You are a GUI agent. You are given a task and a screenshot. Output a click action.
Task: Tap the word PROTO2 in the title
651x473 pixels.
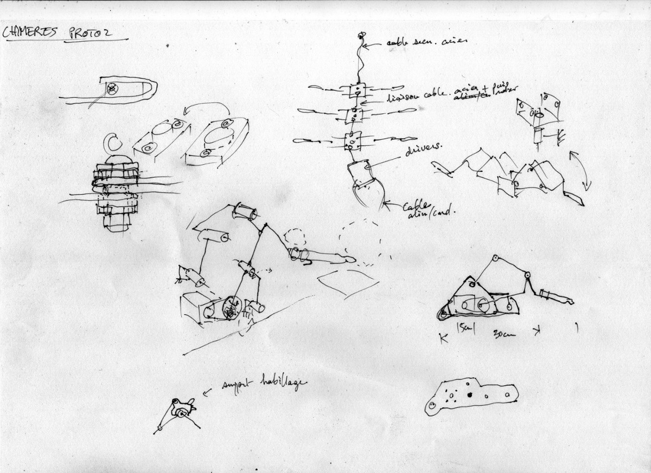(91, 33)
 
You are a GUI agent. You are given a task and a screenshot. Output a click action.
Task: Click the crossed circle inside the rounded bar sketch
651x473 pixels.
(112, 89)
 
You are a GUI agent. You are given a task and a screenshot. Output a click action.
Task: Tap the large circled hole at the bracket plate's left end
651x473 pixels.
(432, 405)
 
